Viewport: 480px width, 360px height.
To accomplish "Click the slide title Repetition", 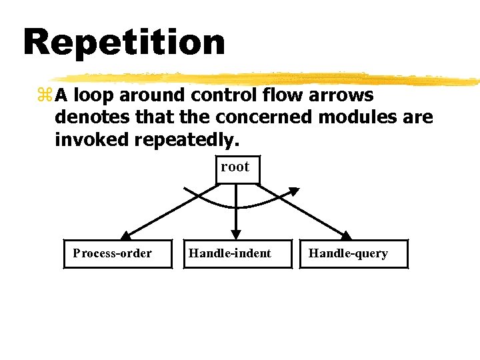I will pyautogui.click(x=124, y=42).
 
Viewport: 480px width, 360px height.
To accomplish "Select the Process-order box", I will pyautogui.click(x=117, y=253).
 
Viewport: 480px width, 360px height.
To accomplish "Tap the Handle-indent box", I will pyautogui.click(x=237, y=253).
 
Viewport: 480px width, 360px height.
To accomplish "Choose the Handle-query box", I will pyautogui.click(x=353, y=253).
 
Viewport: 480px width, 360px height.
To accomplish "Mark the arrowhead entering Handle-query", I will pyautogui.click(x=345, y=235).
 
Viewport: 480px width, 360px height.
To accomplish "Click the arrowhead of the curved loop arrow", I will pyautogui.click(x=293, y=191).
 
